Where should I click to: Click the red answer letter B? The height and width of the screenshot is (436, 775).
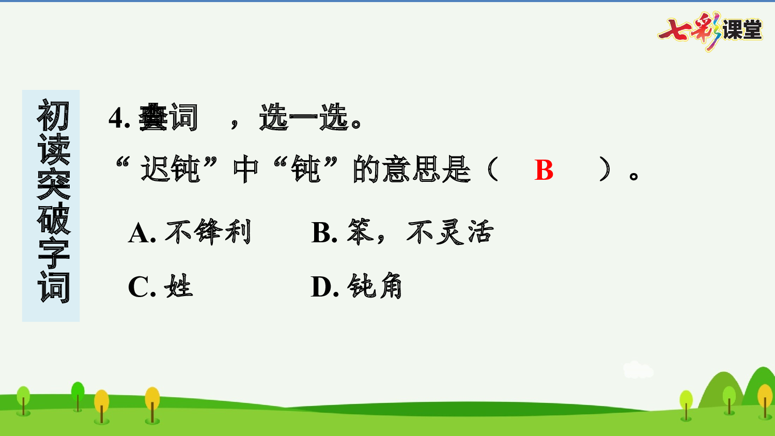pyautogui.click(x=544, y=170)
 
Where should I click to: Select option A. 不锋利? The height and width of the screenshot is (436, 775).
pyautogui.click(x=190, y=232)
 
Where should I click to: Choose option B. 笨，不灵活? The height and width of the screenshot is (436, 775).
pyautogui.click(x=402, y=232)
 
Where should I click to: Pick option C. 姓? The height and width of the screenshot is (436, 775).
pyautogui.click(x=160, y=287)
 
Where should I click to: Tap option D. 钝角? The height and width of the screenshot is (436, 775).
pyautogui.click(x=357, y=287)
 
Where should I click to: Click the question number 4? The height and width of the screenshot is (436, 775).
pyautogui.click(x=116, y=118)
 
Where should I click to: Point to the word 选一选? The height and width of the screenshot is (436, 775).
pyautogui.click(x=304, y=118)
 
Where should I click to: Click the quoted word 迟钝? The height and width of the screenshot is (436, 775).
pyautogui.click(x=171, y=169)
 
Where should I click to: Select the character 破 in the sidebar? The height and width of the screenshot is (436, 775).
pyautogui.click(x=53, y=219)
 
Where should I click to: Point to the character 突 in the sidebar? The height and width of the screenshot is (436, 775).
pyautogui.click(x=53, y=184)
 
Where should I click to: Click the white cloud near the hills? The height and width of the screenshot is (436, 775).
pyautogui.click(x=638, y=370)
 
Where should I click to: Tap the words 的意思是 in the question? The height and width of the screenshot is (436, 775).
pyautogui.click(x=412, y=169)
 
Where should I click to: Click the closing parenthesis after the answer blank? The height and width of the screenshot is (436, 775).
pyautogui.click(x=605, y=169)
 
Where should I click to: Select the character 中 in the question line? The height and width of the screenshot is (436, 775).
pyautogui.click(x=245, y=169)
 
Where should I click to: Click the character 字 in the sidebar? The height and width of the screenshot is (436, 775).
pyautogui.click(x=53, y=253)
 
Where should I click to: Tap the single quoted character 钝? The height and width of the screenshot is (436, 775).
pyautogui.click(x=306, y=169)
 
